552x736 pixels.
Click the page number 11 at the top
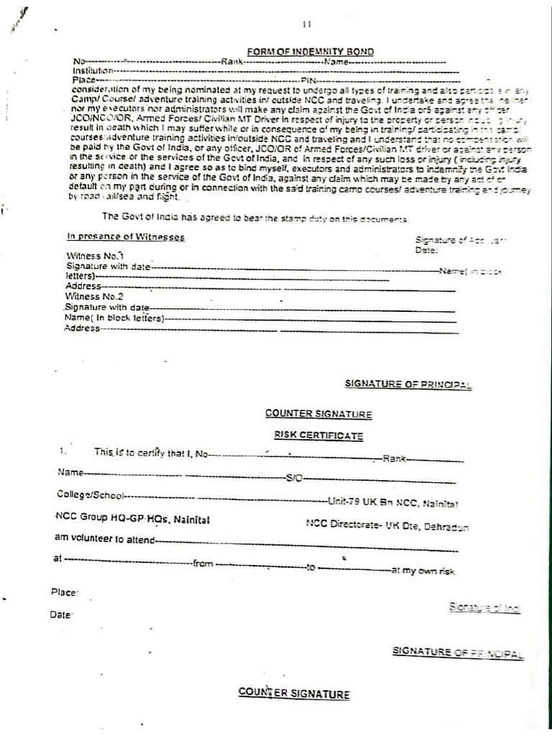click(307, 24)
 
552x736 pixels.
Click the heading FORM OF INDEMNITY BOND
click(310, 52)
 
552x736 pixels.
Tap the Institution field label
click(93, 71)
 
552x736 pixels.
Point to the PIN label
click(308, 80)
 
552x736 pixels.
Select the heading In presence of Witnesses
click(126, 237)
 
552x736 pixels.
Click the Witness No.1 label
click(95, 256)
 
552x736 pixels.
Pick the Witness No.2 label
click(94, 296)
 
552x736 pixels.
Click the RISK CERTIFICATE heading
click(318, 436)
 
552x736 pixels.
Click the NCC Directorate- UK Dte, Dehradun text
click(387, 525)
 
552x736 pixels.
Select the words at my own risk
click(423, 571)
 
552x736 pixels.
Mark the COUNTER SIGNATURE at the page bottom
click(294, 694)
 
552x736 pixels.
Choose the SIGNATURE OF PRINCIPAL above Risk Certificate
click(408, 385)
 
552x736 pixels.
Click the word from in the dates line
click(203, 564)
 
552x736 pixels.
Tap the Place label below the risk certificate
click(64, 592)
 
